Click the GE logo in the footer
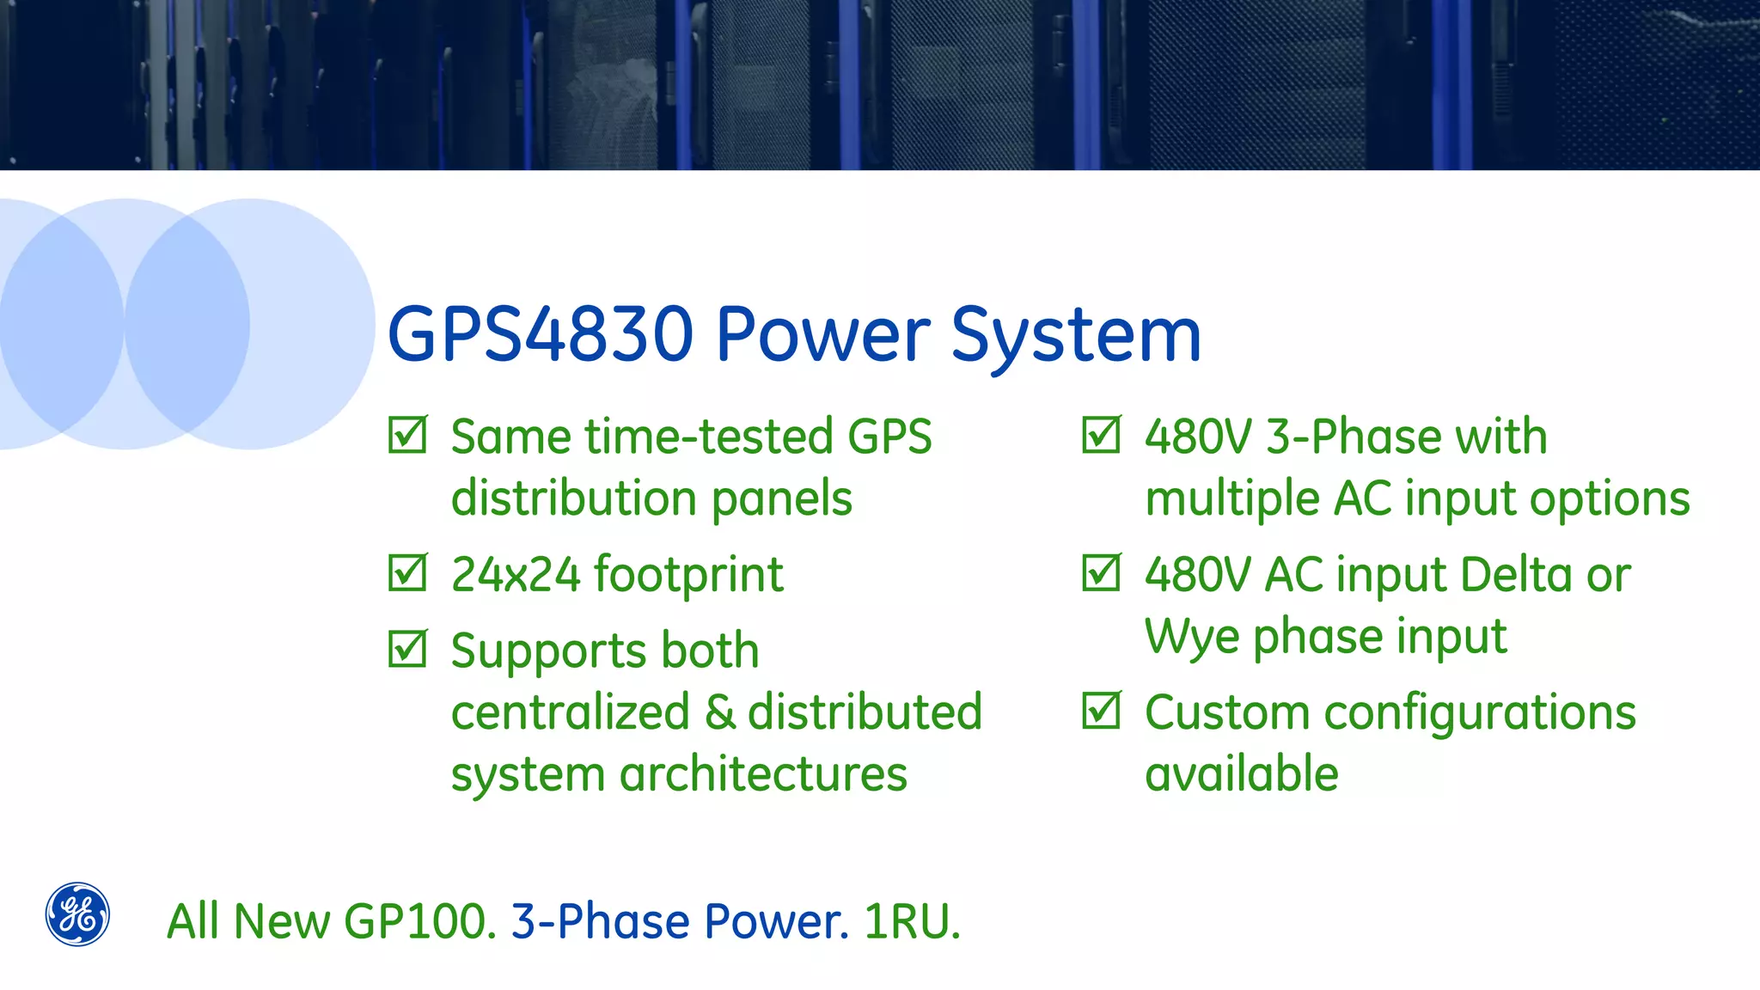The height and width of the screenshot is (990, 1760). click(x=77, y=914)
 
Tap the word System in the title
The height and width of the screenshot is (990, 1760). click(x=1076, y=335)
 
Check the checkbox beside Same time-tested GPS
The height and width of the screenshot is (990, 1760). click(x=406, y=435)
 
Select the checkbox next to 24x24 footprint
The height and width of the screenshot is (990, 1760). click(x=406, y=572)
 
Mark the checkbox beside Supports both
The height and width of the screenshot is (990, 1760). click(x=406, y=649)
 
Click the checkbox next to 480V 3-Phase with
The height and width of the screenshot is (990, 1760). click(x=1101, y=435)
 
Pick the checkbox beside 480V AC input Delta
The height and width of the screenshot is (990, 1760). click(x=1101, y=572)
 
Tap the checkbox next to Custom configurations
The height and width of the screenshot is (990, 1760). click(x=1101, y=711)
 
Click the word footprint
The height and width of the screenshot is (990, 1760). click(x=688, y=574)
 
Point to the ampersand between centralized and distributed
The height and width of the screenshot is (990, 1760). click(x=719, y=712)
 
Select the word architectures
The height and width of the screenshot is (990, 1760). click(x=763, y=774)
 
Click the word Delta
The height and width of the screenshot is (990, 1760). click(x=1516, y=574)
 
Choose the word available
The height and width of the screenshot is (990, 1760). click(x=1241, y=774)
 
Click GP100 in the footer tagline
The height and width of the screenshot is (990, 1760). click(x=419, y=921)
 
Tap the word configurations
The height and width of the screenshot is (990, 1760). click(x=1479, y=713)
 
